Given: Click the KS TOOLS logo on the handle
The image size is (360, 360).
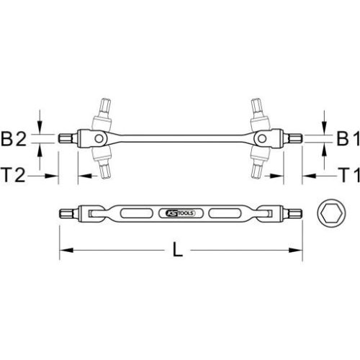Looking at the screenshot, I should (x=177, y=214).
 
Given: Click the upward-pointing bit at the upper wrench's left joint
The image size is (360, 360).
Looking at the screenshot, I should (x=104, y=108).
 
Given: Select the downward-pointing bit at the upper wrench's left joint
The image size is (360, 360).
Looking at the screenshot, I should (x=104, y=170).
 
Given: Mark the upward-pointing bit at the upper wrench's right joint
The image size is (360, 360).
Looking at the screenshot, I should (x=256, y=108).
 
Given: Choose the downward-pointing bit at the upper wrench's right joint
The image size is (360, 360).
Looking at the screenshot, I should (x=256, y=170).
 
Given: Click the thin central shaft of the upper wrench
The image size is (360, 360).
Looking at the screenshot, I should (x=180, y=139).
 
